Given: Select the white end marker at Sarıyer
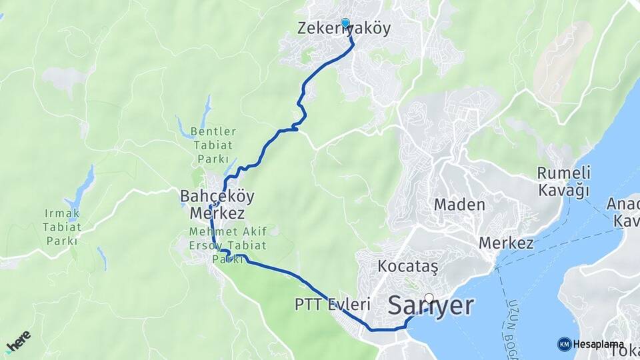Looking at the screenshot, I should (x=429, y=299).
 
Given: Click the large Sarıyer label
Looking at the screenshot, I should (x=431, y=306).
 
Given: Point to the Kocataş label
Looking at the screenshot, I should (x=407, y=266).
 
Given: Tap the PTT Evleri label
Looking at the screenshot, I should (x=332, y=305).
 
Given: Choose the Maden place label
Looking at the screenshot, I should (x=459, y=205).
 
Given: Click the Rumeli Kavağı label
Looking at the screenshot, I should (x=563, y=181).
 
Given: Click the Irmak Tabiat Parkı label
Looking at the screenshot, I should (x=63, y=226).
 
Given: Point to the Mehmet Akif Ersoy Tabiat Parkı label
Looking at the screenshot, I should (x=228, y=245).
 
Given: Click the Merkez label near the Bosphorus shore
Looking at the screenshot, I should (x=506, y=243).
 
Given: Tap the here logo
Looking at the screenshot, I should (x=18, y=341).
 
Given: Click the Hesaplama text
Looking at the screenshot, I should (x=599, y=344).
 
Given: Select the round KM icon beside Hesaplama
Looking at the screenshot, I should (x=565, y=344).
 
